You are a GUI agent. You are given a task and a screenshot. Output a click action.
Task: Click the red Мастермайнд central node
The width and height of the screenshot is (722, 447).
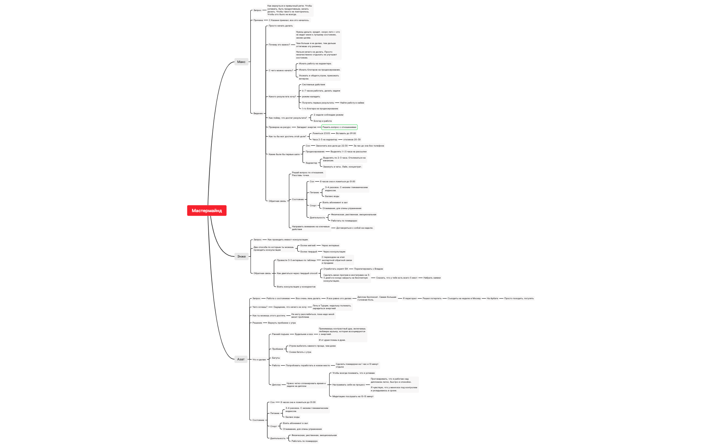point(207,210)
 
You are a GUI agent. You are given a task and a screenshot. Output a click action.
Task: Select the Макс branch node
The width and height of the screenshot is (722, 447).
point(241,62)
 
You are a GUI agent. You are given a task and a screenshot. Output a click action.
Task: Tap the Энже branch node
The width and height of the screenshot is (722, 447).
point(241,257)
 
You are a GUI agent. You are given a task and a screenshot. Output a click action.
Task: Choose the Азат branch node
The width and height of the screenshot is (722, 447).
point(241,359)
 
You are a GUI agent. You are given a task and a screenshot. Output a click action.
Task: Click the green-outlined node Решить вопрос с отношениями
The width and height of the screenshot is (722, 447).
point(339,127)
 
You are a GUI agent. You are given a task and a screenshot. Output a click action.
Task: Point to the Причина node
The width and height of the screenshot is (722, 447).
point(258,20)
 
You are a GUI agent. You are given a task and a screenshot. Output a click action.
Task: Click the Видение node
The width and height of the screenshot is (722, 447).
point(258,113)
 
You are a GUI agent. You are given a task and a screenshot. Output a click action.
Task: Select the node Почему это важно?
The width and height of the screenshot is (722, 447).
point(279,45)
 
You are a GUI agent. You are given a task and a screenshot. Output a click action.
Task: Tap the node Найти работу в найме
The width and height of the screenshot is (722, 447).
point(352,103)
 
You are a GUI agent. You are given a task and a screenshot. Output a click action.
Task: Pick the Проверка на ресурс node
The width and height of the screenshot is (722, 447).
point(280,127)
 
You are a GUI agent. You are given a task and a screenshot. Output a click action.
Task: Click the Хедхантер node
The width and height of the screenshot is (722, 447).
point(311,163)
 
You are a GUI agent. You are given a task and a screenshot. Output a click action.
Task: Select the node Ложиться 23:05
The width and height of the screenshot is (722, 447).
point(321,133)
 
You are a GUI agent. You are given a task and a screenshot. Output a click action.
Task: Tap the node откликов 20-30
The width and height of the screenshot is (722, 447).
point(352,140)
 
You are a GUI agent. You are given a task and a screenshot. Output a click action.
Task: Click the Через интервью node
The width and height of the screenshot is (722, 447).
point(330,246)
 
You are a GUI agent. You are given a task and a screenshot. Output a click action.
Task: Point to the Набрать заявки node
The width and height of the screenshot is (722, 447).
point(432,278)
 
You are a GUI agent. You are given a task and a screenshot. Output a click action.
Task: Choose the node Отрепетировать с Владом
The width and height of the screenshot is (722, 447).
point(368,269)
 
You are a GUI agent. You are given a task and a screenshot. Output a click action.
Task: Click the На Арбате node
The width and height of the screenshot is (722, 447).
point(492,298)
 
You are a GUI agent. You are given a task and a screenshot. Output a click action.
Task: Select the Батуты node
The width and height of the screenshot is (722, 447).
point(276,358)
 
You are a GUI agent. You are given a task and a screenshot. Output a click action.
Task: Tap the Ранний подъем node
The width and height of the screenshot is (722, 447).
point(280,334)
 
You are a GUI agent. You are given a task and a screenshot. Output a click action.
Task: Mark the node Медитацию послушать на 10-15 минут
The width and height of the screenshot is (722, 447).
point(353,396)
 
